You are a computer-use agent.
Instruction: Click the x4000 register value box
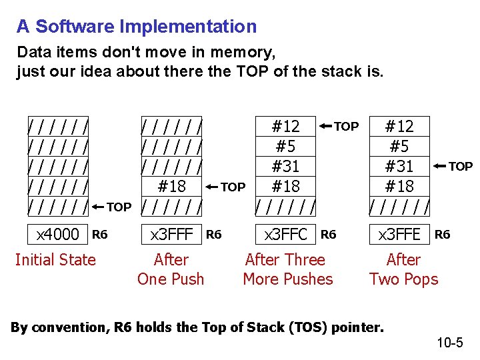click(x=58, y=234)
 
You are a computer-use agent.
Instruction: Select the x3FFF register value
click(x=172, y=234)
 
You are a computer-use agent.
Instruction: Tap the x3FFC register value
click(x=286, y=234)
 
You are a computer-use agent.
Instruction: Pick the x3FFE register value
click(x=400, y=234)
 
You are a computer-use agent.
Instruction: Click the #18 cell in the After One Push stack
click(x=172, y=186)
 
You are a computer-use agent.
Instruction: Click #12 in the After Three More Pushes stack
click(x=286, y=126)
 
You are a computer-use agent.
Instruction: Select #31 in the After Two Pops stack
click(x=400, y=166)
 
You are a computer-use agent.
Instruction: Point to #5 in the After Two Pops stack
click(x=400, y=146)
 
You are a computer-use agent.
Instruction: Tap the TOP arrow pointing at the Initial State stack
click(x=112, y=207)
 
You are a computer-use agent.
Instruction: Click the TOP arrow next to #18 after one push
click(x=226, y=187)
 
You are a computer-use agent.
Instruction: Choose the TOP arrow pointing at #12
click(x=339, y=126)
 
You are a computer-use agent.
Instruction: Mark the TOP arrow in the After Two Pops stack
click(x=454, y=166)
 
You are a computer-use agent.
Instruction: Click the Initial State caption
click(x=55, y=260)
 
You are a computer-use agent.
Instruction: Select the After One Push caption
click(x=171, y=269)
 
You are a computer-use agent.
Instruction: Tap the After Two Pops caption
click(x=403, y=269)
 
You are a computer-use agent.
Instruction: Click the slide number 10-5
click(x=450, y=343)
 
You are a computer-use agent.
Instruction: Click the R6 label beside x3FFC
click(x=329, y=234)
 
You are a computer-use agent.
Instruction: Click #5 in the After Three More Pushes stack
click(x=286, y=146)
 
